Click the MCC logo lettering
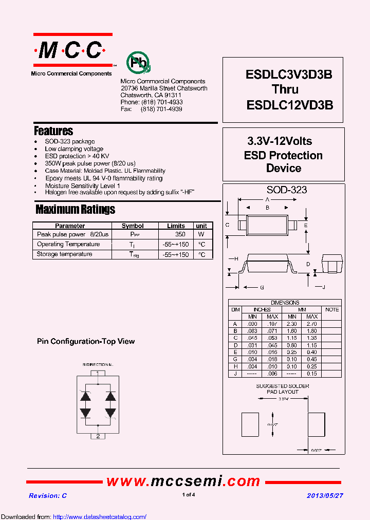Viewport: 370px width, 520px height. (x=72, y=50)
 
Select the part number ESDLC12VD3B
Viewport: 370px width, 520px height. (x=290, y=104)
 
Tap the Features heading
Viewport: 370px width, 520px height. (x=53, y=131)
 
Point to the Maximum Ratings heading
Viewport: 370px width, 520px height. (x=75, y=209)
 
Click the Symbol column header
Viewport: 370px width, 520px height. (x=133, y=226)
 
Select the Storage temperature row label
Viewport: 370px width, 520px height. (x=65, y=254)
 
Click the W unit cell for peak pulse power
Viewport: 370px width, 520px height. (x=201, y=234)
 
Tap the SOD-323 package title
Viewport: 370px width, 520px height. (x=286, y=190)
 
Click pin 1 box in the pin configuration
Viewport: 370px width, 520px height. (x=98, y=373)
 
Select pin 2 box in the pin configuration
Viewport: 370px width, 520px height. (x=98, y=436)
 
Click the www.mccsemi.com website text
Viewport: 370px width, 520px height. (x=183, y=481)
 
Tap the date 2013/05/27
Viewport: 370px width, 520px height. (x=325, y=495)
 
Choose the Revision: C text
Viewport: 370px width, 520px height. (x=48, y=496)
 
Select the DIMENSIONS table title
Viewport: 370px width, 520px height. (x=285, y=303)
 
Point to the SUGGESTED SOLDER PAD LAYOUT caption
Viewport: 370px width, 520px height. (x=283, y=388)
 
